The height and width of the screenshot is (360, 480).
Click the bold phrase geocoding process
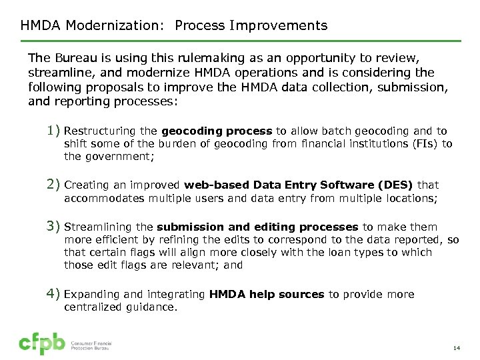[217, 131]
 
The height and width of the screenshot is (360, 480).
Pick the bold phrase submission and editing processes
[259, 227]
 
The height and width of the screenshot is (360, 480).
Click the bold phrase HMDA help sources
[267, 294]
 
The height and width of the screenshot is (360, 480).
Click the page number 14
[457, 348]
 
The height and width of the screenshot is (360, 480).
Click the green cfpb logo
[42, 343]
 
